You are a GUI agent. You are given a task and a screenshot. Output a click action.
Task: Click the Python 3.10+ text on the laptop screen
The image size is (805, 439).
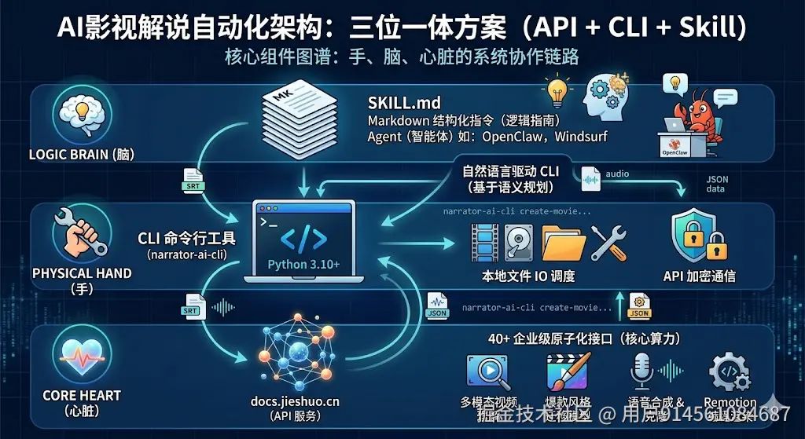(x=304, y=264)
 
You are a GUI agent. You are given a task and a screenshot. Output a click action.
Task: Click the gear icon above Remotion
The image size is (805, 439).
(x=728, y=371)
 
